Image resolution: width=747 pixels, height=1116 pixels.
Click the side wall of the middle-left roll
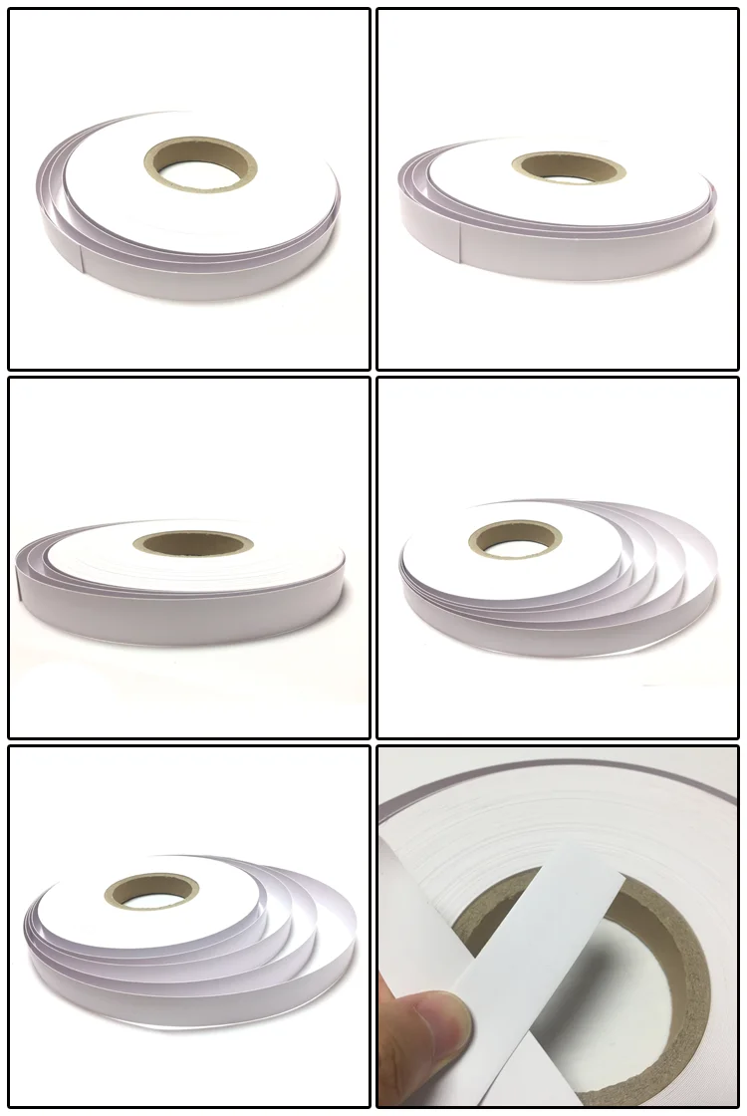179,608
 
